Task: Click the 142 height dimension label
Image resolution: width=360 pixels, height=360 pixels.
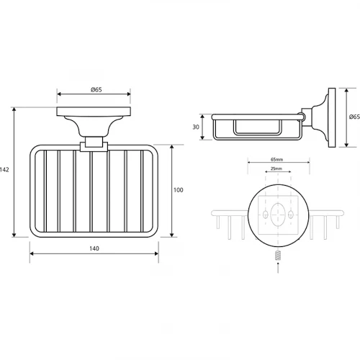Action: (x=4, y=170)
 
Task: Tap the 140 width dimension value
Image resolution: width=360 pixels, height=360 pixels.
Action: (x=94, y=248)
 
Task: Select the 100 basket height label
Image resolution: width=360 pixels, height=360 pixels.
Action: (x=179, y=190)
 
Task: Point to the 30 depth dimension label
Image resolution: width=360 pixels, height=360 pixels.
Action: (x=196, y=127)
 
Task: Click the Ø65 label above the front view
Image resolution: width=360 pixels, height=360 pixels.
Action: (x=96, y=90)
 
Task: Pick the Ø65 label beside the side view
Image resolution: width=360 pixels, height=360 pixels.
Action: (x=354, y=117)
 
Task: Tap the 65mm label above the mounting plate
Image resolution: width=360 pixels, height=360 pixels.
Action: (x=276, y=159)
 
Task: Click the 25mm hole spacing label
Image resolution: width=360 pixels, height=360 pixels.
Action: (x=276, y=168)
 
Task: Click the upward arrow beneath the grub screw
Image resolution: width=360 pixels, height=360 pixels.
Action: (x=278, y=267)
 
